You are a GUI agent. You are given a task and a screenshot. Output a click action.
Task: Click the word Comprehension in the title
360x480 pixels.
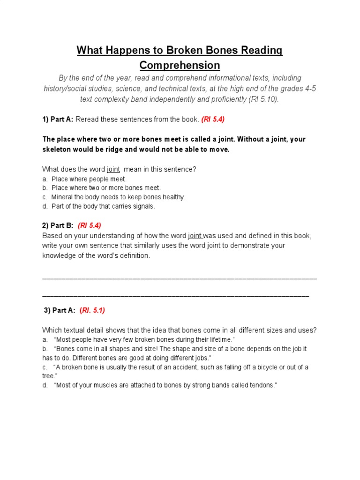tap(180, 65)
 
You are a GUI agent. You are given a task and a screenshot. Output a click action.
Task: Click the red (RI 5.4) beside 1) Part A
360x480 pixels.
tap(213, 120)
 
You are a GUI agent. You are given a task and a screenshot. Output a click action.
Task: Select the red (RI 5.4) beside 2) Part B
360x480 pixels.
tap(90, 225)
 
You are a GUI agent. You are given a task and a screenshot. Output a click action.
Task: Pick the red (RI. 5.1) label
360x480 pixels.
tap(92, 310)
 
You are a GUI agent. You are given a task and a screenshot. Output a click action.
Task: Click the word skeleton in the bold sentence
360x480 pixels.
tap(58, 150)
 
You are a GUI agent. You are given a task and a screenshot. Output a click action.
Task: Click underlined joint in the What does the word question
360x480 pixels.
tap(113, 169)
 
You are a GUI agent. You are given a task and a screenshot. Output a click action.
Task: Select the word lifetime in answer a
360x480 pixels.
tap(216, 339)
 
